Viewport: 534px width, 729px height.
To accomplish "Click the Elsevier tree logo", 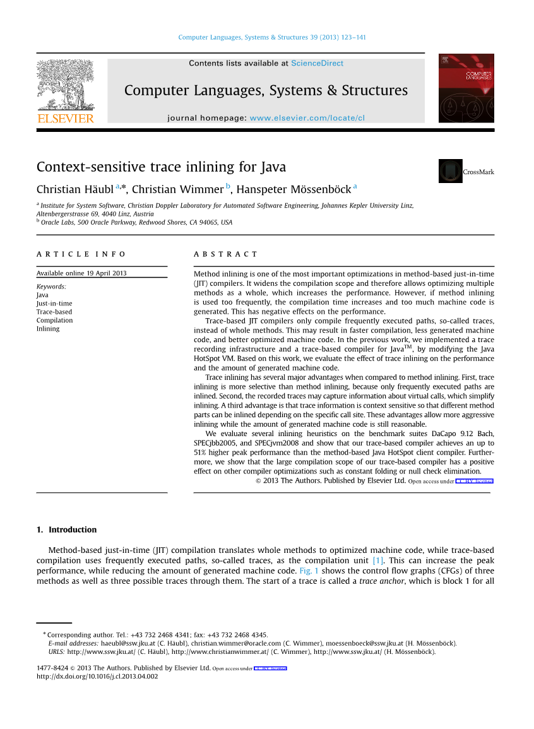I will click(65, 86).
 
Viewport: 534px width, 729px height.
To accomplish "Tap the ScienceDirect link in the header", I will click(317, 63).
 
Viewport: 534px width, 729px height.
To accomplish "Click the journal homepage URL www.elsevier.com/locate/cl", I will click(307, 118).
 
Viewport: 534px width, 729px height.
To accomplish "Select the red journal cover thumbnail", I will click(466, 88).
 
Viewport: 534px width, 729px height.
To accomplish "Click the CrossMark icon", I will click(451, 171).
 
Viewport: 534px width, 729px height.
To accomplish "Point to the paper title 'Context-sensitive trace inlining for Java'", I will click(161, 167).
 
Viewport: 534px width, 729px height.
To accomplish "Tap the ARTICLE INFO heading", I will click(81, 254).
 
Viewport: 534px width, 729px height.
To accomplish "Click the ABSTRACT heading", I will click(225, 254).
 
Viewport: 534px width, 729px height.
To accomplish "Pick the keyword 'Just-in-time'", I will click(54, 304).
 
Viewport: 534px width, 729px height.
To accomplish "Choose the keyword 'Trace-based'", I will click(54, 312).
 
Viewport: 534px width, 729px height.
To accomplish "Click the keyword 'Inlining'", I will click(48, 328).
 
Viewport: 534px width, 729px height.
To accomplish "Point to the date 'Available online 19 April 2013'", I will click(81, 273).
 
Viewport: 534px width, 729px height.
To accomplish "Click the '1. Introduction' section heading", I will click(66, 530).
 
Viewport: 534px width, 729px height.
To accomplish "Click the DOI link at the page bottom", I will click(97, 677).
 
